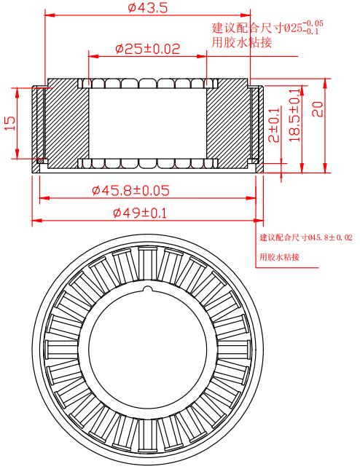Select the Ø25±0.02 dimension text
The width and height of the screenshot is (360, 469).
point(148,49)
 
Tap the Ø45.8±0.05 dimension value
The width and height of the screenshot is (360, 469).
point(131,190)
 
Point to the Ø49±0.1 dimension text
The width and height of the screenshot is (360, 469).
point(140,213)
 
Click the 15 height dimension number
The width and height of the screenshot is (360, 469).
point(10,123)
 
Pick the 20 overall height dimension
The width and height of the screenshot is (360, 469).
point(318,109)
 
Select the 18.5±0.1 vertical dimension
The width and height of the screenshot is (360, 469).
point(294,115)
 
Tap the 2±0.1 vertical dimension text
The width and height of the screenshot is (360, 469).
point(274,125)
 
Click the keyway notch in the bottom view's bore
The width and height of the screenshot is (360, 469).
point(148,289)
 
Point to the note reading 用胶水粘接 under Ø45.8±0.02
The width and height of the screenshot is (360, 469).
point(279,257)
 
